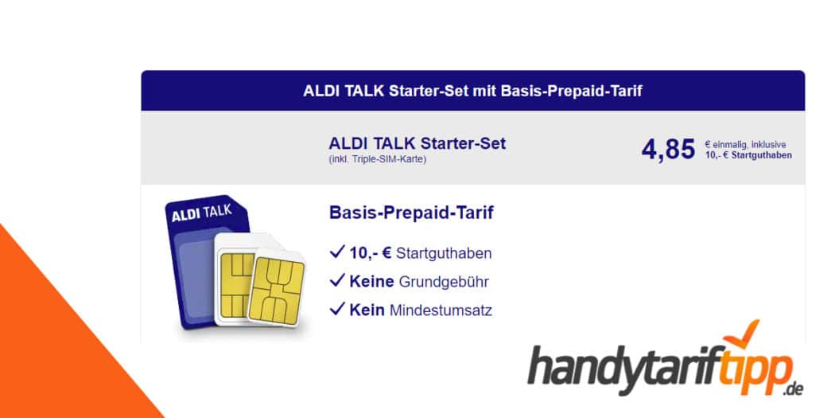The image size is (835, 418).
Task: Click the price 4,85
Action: coord(668,149)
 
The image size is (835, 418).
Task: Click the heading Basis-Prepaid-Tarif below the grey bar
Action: coord(411,213)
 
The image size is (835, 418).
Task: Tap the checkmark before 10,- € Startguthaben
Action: coord(336,252)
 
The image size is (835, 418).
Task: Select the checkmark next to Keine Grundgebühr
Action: coord(336,281)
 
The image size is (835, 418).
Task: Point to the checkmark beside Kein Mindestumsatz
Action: coord(336,309)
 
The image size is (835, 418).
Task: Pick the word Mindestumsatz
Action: coord(441,310)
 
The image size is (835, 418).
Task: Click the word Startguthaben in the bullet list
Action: coord(443,253)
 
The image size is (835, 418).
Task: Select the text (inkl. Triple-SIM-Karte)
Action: coord(378,159)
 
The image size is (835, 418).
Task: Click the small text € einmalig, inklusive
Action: coord(745,144)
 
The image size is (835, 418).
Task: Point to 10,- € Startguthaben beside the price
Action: coord(748,155)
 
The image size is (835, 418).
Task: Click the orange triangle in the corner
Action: coord(48,350)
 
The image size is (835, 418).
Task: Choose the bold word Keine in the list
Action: coord(371,282)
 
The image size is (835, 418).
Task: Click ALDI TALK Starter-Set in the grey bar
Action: coord(417,144)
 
